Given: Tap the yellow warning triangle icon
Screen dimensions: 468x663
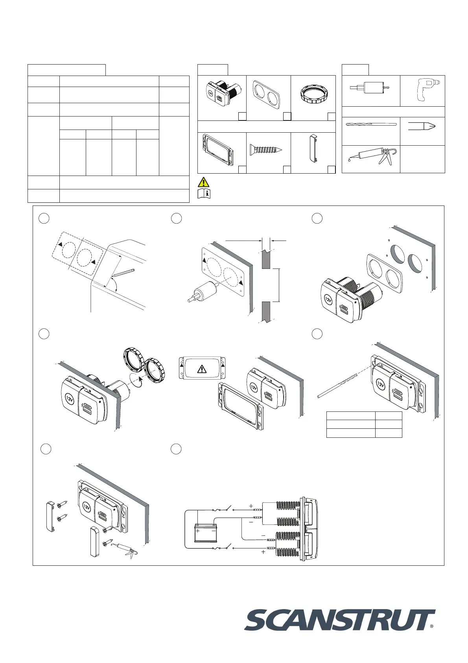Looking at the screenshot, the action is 203,182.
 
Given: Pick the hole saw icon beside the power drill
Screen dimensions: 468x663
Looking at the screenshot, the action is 369,88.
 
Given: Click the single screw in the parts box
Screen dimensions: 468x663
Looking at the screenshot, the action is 266,150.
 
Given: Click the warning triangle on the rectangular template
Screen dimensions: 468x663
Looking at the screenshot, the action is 202,369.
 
